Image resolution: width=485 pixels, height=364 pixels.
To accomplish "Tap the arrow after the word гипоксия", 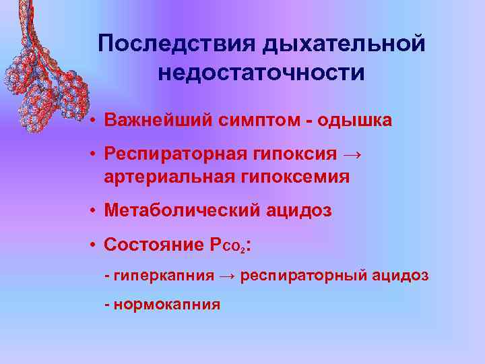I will click(350, 154).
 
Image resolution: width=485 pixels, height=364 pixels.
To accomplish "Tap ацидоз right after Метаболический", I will click(297, 211).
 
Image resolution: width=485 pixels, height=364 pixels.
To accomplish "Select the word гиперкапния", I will click(164, 276).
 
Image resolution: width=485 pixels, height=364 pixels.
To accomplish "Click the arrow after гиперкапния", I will click(227, 276).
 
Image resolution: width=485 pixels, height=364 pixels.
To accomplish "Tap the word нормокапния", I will click(167, 304).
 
